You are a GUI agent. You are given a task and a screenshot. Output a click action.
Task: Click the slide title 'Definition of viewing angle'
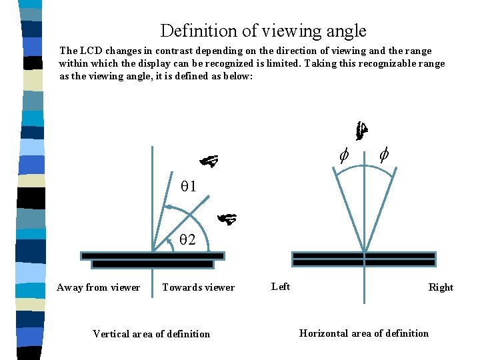point(263,31)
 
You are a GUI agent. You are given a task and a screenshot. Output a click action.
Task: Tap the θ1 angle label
point(188,187)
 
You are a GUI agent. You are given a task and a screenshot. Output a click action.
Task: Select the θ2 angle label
point(187,240)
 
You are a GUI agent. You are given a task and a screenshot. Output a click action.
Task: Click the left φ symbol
point(343,156)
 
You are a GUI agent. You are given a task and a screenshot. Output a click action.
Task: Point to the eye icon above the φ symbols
point(361,131)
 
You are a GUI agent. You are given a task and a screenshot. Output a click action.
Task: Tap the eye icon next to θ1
point(209,161)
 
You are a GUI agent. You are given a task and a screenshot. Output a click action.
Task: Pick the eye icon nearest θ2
point(227,217)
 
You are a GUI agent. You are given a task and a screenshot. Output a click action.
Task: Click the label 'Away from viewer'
point(99,287)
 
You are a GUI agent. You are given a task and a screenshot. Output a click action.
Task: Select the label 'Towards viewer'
point(199,287)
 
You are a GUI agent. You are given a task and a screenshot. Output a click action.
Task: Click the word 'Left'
point(281,287)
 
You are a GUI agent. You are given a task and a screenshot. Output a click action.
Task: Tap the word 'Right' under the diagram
point(441,287)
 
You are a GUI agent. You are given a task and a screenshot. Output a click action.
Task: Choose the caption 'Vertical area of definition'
point(151,334)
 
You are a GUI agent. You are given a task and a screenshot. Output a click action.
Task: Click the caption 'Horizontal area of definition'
point(364,333)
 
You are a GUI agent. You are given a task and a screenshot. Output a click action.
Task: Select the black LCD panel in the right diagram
point(364,259)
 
